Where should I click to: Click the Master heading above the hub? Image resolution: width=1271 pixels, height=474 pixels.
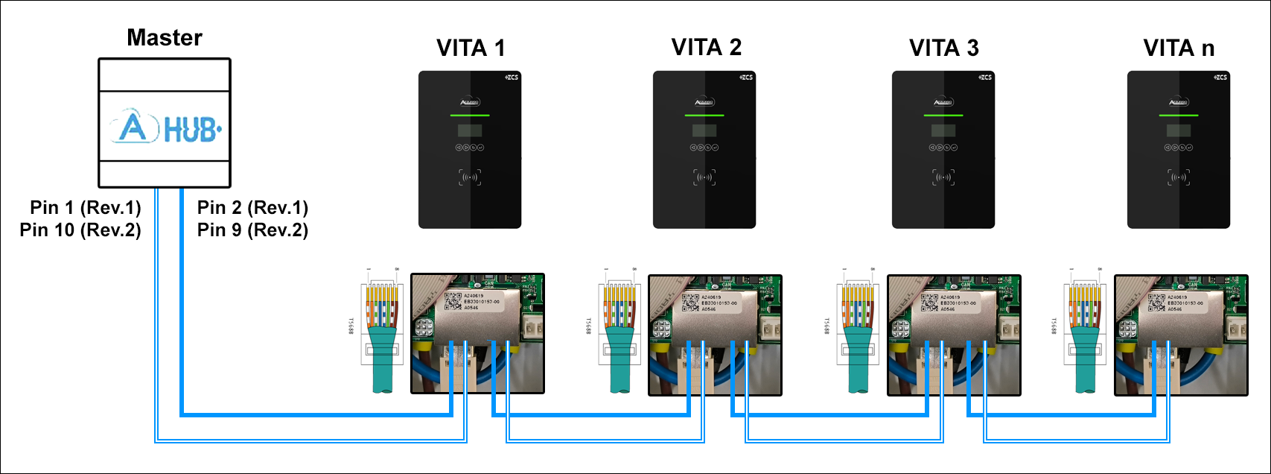[x=165, y=37]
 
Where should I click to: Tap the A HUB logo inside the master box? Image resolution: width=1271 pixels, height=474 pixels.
[x=165, y=129]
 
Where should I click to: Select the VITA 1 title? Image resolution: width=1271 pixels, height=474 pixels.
[x=471, y=48]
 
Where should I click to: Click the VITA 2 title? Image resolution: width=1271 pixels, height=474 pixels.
[x=706, y=48]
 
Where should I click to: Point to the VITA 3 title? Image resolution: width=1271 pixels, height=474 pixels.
[x=943, y=48]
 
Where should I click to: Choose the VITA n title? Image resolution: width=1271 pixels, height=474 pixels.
[x=1179, y=48]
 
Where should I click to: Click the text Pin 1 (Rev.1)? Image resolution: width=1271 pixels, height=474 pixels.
[x=86, y=207]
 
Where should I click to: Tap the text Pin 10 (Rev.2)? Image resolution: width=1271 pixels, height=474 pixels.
[x=80, y=230]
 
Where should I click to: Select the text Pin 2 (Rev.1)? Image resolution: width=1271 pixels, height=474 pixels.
[x=252, y=207]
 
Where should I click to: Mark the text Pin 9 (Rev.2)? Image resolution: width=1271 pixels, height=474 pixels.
[x=252, y=230]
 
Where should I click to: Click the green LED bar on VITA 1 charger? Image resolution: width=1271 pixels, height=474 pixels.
[x=470, y=116]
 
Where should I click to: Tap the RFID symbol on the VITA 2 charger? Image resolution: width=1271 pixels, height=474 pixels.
[x=704, y=177]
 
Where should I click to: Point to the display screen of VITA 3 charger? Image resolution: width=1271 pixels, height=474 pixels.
[x=943, y=131]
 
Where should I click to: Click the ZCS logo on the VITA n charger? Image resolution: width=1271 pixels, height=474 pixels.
[x=1220, y=78]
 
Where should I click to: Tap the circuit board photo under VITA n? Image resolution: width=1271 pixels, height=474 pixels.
[x=1180, y=334]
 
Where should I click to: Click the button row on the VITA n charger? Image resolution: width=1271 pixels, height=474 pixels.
[x=1179, y=148]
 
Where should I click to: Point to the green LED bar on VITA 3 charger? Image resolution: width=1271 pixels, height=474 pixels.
[x=943, y=116]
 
